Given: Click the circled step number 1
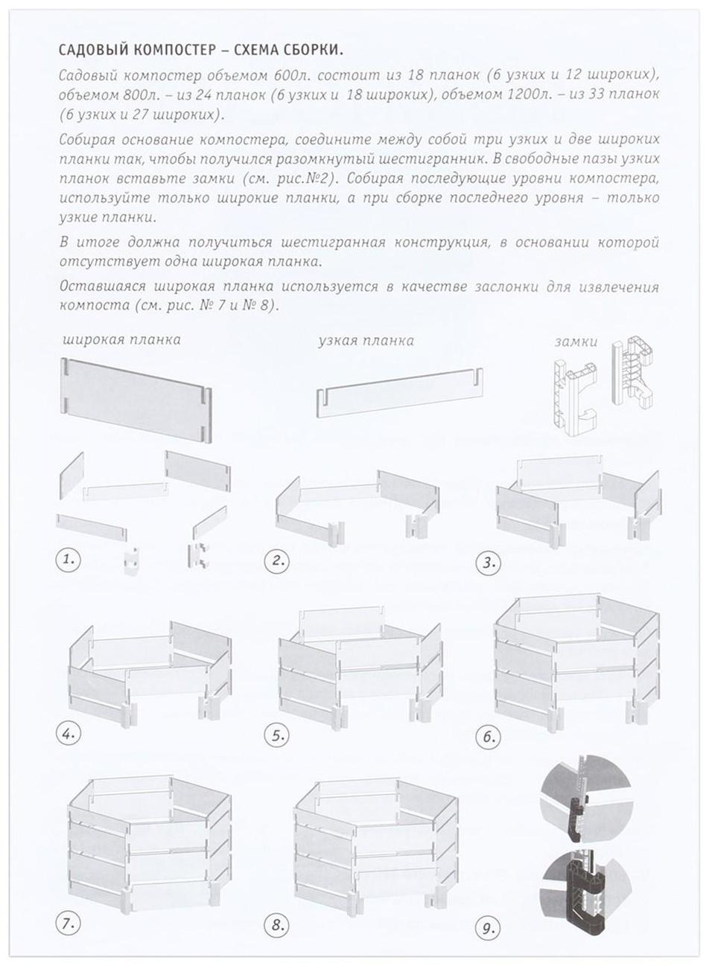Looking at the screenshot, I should [x=69, y=560].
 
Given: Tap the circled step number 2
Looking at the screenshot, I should [x=278, y=560].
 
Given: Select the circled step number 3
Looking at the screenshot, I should [x=488, y=563].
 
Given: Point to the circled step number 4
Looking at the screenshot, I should [x=69, y=734].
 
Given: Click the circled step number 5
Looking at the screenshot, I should [x=278, y=736].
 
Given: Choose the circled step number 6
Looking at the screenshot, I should [x=488, y=738].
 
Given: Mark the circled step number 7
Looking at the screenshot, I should [x=69, y=924].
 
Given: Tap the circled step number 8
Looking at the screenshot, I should [x=278, y=926].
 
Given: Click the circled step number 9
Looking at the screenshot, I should [x=488, y=928].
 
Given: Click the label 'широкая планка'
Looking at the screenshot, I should [x=121, y=340].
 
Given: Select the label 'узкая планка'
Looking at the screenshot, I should [x=366, y=341].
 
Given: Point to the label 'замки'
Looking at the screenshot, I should [x=576, y=342].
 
